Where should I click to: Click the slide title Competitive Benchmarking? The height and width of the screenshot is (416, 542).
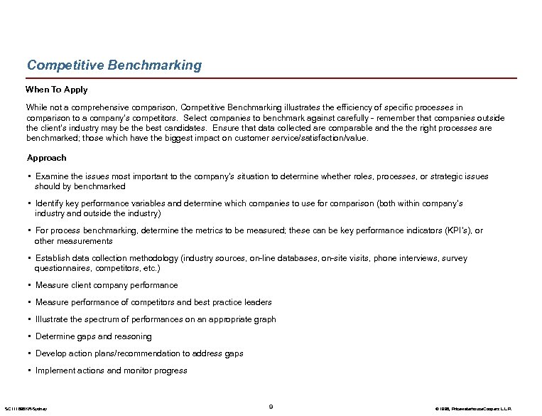(114, 65)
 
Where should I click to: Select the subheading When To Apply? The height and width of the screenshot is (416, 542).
(57, 90)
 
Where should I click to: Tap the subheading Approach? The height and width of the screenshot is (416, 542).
(47, 157)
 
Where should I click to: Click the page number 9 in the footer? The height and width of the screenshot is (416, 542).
(271, 406)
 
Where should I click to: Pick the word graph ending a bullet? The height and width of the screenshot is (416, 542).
(264, 319)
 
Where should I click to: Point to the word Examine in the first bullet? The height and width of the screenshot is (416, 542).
(53, 176)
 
